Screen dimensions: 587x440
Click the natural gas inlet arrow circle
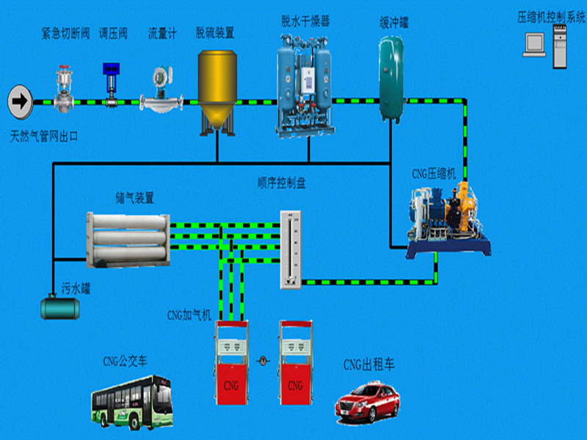[x=21, y=102]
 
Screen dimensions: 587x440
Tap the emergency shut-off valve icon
[x=64, y=89]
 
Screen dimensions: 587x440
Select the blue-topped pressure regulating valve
[x=112, y=85]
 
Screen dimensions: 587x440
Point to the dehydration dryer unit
[x=305, y=86]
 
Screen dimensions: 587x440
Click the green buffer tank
[x=392, y=79]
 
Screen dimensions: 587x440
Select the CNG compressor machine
[x=448, y=221]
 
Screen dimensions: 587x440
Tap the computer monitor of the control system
[x=534, y=45]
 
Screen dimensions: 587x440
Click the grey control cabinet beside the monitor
[x=560, y=46]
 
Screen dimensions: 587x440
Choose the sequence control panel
[x=291, y=249]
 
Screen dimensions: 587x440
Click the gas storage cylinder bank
[x=128, y=240]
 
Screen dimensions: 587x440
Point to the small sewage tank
[x=60, y=307]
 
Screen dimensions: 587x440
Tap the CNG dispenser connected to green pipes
[x=231, y=362]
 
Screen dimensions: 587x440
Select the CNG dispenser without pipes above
[x=296, y=362]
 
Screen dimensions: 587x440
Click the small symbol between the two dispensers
[x=263, y=361]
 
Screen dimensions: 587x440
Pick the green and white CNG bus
[x=132, y=403]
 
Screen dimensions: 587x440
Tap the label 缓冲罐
[x=394, y=23]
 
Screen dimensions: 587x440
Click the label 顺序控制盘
[x=282, y=183]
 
